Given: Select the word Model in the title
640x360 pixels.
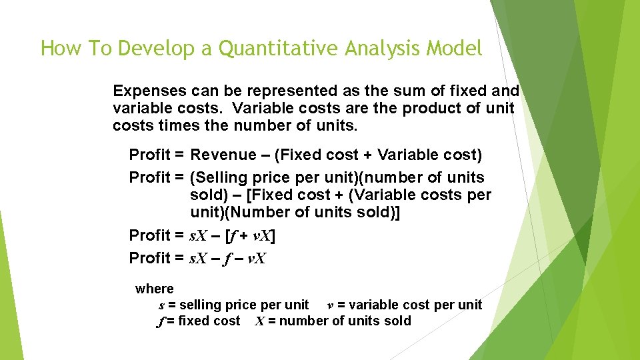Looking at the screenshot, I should click(454, 48).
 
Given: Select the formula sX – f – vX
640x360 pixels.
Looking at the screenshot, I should click(228, 258).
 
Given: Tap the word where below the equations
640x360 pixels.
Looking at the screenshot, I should click(154, 289).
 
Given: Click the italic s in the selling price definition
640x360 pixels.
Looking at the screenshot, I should click(161, 305).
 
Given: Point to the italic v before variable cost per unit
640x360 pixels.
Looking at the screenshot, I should click(330, 305).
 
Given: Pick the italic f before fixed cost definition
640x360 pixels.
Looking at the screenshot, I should click(160, 321).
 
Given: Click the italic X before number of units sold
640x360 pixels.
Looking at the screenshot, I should click(261, 321).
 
